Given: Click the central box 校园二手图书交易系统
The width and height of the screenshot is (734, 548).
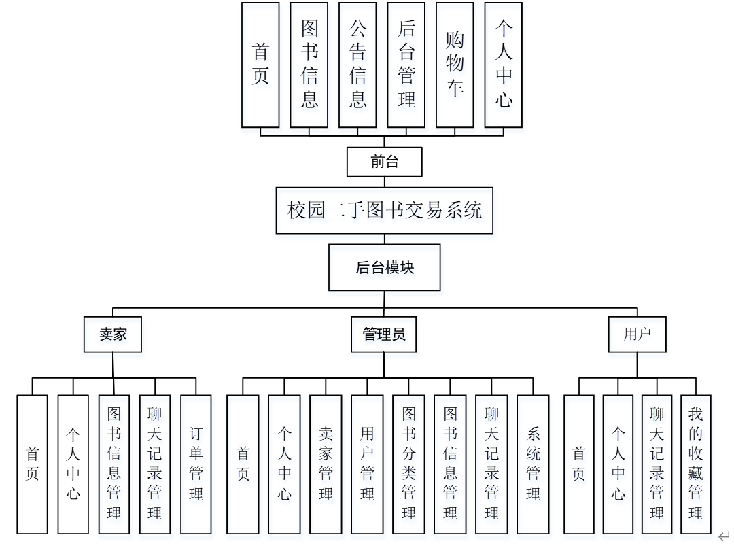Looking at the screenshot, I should tap(385, 211).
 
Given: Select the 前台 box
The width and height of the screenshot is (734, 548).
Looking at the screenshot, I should tap(385, 162).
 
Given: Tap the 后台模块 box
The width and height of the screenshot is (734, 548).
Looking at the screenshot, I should tap(385, 268).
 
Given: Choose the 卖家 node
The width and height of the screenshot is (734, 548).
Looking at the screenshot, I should tap(113, 335).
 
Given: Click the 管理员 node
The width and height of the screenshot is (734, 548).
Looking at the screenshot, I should tap(384, 335).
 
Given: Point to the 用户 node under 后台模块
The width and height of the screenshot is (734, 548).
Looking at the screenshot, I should tap(637, 335).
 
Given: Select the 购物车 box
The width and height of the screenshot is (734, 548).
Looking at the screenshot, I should tap(455, 65).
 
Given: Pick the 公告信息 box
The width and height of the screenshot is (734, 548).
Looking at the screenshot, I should tap(357, 65).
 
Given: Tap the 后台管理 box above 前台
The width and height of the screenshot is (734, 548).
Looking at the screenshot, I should tap(406, 65).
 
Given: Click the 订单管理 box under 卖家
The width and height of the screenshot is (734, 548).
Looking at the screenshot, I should tap(196, 464).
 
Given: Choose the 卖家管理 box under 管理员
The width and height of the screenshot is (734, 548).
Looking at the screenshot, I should tap(326, 464).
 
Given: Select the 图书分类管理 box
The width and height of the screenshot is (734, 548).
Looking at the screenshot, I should tap(408, 464).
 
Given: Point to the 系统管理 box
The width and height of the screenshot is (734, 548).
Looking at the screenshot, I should tap(533, 464).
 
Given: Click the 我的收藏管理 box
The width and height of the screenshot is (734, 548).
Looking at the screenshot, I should tap(695, 464).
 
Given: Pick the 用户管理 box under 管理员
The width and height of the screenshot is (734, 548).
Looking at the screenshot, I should tap(367, 464).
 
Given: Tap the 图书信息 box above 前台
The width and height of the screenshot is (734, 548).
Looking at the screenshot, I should tap(309, 65).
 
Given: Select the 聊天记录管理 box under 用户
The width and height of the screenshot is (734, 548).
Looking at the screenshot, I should tap(657, 464).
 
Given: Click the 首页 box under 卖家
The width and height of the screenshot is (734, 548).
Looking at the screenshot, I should tap(33, 464).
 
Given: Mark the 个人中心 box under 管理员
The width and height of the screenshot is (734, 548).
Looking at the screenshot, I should tap(284, 464).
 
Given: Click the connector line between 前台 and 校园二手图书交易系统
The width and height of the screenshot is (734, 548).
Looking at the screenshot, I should tap(385, 182).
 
